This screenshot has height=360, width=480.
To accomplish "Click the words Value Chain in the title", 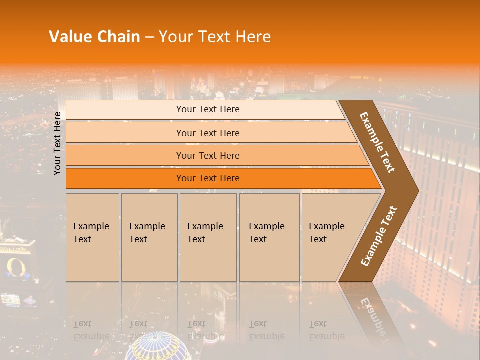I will coord(94,37).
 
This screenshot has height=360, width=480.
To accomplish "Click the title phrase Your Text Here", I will coord(215,37).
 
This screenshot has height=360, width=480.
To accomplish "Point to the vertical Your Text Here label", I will coord(58,143).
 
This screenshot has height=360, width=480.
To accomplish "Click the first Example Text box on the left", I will coord(92,237).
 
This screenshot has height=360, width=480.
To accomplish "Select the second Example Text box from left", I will coord(149,237).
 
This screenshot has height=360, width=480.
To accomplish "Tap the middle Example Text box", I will coord(208,237).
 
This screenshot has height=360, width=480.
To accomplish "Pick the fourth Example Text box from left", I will coord(269,237).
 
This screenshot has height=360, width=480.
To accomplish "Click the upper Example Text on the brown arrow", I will coord(377,142).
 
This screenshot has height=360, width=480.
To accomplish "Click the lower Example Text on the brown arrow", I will coord(379,236).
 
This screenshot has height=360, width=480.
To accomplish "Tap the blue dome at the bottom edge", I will coord(156,347).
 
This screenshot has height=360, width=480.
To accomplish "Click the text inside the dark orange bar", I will coord(208,178).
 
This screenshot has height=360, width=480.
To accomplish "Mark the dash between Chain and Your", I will coord(149,37).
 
